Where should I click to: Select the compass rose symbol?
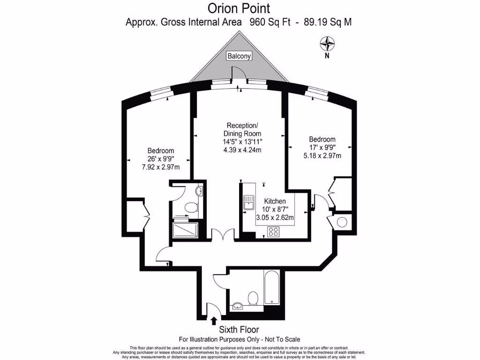pos(327,45)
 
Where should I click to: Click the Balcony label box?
pos(239,56)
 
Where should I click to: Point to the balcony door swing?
pos(239,73)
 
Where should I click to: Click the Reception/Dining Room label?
pos(242,129)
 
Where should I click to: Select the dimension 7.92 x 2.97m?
pos(161,167)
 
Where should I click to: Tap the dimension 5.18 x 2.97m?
pos(322,156)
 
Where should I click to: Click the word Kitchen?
pos(275,201)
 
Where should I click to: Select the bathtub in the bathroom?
pos(271,286)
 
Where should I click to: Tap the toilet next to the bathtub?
pos(253,298)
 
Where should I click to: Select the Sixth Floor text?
pos(239,330)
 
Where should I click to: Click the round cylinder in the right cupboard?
pos(342,222)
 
